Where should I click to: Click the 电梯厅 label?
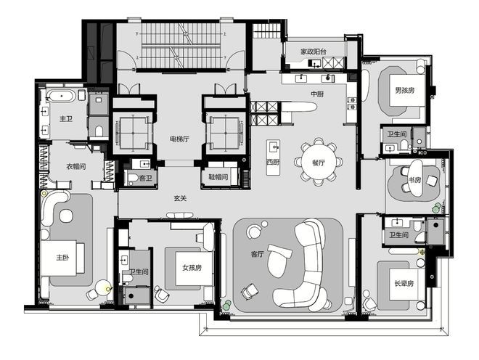[180, 139]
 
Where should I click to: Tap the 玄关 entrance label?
[180, 198]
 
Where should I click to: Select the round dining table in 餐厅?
[319, 163]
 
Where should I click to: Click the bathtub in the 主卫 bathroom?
[62, 96]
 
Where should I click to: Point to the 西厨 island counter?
[273, 157]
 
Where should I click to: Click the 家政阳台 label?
[313, 52]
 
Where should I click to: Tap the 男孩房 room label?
[404, 91]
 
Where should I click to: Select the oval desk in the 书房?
[415, 179]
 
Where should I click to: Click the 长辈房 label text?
[404, 283]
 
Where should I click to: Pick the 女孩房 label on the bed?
[192, 268]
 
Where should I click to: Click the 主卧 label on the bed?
[62, 258]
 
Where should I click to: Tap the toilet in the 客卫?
[133, 178]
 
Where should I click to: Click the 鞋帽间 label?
[218, 176]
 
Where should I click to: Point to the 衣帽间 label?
[76, 166]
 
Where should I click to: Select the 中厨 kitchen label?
[317, 94]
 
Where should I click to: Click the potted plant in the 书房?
[437, 208]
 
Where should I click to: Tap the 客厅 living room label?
[257, 254]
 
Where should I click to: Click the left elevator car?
[133, 133]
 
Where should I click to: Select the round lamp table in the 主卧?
[103, 287]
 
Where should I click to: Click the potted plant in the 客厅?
[227, 304]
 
